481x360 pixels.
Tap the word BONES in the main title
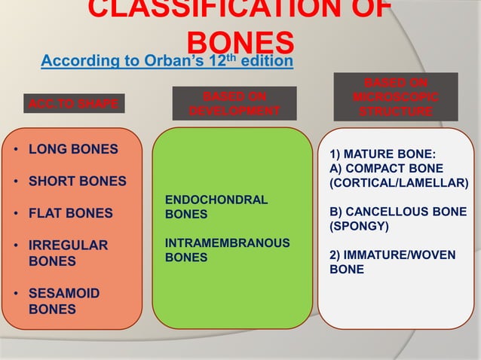click(240, 42)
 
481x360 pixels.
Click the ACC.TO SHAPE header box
click(72, 104)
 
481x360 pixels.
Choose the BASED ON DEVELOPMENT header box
click(234, 103)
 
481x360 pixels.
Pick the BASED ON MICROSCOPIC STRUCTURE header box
click(396, 96)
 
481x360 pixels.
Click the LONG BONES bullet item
click(73, 149)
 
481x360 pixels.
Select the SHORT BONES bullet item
click(77, 182)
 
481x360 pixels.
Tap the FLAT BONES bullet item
click(70, 213)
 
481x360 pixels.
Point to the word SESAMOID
click(63, 293)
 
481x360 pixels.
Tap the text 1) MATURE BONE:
click(376, 154)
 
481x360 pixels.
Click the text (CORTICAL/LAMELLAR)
click(398, 182)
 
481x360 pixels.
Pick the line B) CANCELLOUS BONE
click(397, 212)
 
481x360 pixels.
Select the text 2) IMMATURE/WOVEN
click(392, 255)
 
